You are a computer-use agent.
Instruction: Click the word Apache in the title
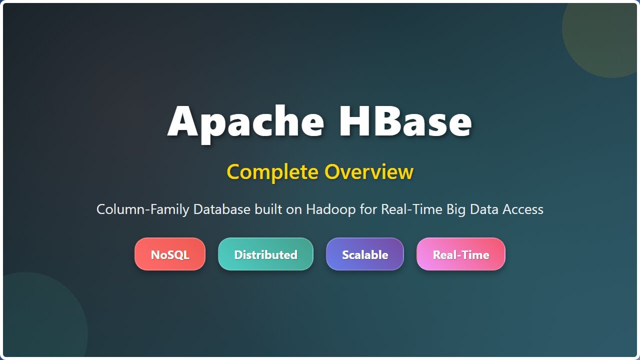(245, 121)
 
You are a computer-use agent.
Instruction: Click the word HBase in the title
(405, 121)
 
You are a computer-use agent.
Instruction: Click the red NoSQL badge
(170, 254)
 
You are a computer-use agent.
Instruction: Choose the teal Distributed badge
(265, 254)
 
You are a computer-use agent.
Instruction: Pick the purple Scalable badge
(365, 254)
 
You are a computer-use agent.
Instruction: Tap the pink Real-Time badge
(461, 254)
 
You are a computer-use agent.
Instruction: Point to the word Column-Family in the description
(143, 209)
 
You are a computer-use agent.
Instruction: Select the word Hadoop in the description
(330, 209)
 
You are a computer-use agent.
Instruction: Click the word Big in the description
(455, 209)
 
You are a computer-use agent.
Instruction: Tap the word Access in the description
(523, 209)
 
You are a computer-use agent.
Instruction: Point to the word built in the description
(268, 209)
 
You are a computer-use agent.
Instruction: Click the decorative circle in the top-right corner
(607, 35)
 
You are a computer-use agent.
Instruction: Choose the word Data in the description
(483, 209)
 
